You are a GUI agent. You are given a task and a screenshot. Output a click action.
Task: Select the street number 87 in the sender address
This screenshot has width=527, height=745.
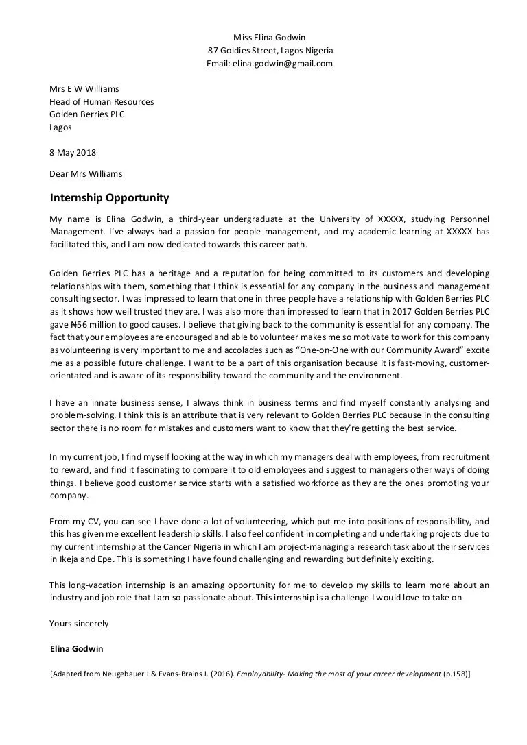[x=213, y=50]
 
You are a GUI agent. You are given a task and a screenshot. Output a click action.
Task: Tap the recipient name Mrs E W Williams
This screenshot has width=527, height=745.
[x=84, y=88]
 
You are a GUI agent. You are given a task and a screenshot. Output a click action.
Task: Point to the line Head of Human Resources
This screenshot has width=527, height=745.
[x=102, y=101]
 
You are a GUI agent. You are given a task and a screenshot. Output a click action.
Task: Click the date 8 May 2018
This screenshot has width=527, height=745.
[x=73, y=152]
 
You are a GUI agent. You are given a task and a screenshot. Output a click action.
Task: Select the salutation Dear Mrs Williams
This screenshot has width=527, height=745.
[x=86, y=173]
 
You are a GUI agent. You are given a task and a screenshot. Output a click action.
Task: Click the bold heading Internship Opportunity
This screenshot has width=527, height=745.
[x=109, y=198]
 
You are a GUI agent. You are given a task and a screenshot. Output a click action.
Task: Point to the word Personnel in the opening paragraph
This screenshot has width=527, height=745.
[x=469, y=219]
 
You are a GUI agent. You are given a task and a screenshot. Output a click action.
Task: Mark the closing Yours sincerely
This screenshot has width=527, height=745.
[x=79, y=624]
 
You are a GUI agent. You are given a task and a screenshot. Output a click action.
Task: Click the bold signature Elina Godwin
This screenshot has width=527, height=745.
[x=77, y=648]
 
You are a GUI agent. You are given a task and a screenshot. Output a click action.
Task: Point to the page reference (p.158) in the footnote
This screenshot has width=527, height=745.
[x=455, y=674]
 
